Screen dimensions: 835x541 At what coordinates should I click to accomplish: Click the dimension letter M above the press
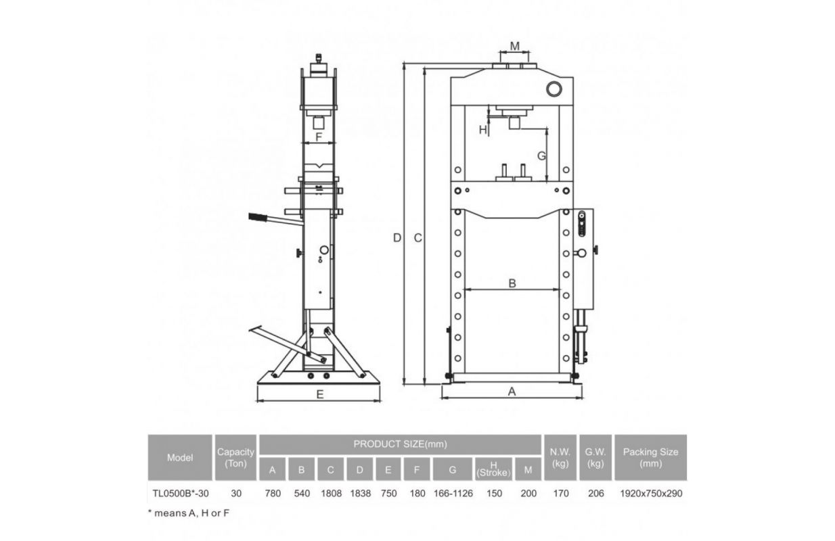pos(514,46)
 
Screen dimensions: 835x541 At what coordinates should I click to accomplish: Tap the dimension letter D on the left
pos(397,238)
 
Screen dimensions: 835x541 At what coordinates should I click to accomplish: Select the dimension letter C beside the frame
pos(418,238)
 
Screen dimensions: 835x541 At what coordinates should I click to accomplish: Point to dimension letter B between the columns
pos(512,283)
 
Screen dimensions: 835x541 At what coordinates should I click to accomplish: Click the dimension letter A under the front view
pos(512,392)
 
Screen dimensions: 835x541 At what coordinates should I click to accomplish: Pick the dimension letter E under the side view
pos(320,394)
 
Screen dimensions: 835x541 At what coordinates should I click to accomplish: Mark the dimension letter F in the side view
pos(318,137)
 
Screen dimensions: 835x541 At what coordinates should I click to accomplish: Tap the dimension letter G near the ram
pos(541,156)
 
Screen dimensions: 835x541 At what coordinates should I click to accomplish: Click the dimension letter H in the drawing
pos(482,130)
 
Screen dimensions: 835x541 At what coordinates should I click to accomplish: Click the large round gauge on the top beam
pos(554,89)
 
